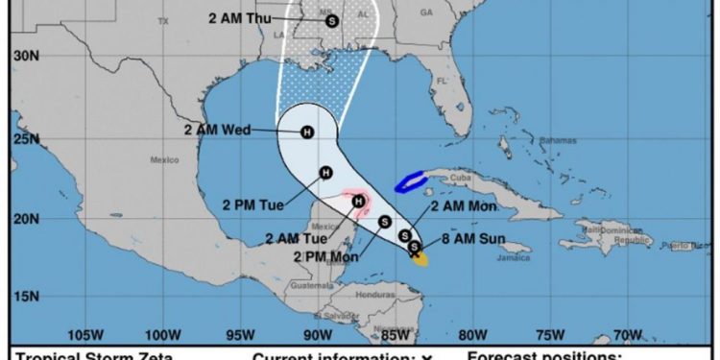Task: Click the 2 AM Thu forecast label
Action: tap(240, 18)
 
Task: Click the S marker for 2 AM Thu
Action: tap(332, 19)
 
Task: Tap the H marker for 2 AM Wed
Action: tap(307, 133)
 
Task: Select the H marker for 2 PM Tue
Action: tap(325, 173)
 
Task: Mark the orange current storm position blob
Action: tap(421, 257)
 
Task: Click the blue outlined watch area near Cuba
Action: tap(414, 180)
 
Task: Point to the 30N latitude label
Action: tap(25, 56)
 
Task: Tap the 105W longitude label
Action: tap(85, 334)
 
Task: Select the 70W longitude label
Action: tap(628, 334)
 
